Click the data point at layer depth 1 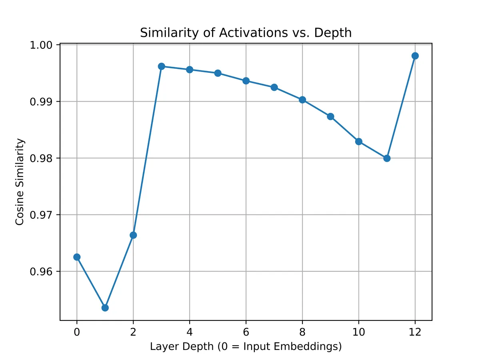click(x=105, y=308)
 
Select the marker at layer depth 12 click(x=415, y=56)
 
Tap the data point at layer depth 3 click(x=161, y=66)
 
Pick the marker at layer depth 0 click(x=77, y=257)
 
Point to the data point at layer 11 click(x=387, y=158)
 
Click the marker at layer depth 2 click(x=133, y=235)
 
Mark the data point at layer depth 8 click(x=302, y=100)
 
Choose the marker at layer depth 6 click(x=246, y=81)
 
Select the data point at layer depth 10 click(x=358, y=142)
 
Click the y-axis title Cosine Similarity click(x=20, y=182)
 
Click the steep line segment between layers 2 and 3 click(x=147, y=150)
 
